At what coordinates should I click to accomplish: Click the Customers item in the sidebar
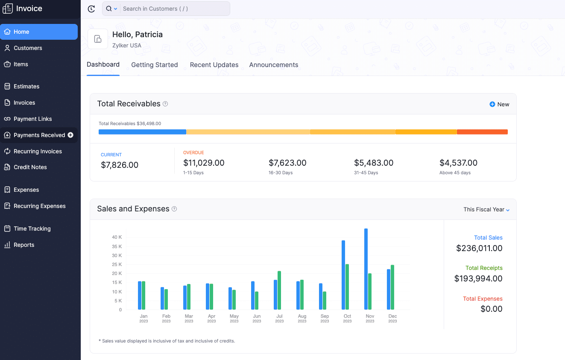click(x=28, y=48)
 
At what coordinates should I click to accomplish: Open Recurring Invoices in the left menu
click(x=38, y=151)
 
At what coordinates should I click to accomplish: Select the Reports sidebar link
click(x=23, y=245)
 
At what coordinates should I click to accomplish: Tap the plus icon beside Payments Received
click(x=71, y=135)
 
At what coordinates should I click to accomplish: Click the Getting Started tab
click(x=154, y=65)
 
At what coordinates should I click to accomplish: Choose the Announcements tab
click(x=274, y=65)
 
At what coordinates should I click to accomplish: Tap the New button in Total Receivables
click(x=499, y=104)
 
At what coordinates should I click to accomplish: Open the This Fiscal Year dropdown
click(x=486, y=210)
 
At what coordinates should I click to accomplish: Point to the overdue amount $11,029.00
click(x=204, y=163)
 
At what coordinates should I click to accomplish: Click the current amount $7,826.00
click(x=120, y=165)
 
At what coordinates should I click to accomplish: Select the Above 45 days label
click(x=455, y=173)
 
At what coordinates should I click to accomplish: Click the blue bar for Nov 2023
click(x=366, y=269)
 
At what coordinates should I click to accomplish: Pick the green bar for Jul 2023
click(x=279, y=290)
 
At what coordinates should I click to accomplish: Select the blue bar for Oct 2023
click(x=343, y=275)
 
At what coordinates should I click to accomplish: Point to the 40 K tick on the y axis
click(x=117, y=237)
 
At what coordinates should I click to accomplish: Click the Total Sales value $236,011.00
click(x=479, y=248)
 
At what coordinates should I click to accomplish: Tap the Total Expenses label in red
click(x=483, y=299)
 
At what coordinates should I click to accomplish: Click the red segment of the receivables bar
click(x=482, y=132)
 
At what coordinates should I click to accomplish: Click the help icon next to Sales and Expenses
click(x=174, y=209)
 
